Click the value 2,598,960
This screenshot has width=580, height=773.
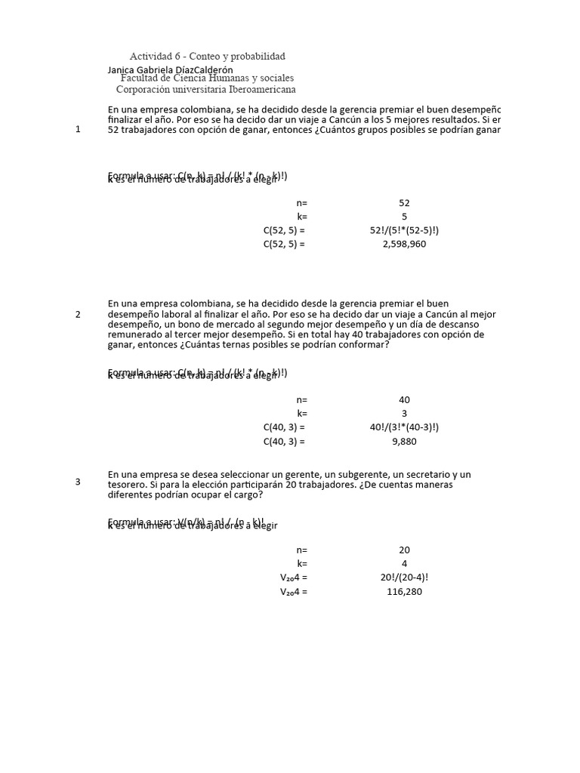[x=404, y=244]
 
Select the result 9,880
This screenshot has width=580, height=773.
[x=404, y=442]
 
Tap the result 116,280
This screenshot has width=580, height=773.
[x=404, y=592]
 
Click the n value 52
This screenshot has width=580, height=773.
[x=404, y=203]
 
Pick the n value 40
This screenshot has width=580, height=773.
[x=404, y=400]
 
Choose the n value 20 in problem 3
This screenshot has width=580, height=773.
[x=404, y=550]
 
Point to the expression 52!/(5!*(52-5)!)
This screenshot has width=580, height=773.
[x=404, y=230]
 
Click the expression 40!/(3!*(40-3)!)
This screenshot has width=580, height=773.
[x=404, y=427]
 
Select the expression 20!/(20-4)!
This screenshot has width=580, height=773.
[x=404, y=577]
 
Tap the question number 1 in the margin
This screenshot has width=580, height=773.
[x=78, y=129]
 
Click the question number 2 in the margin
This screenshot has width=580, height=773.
[x=78, y=314]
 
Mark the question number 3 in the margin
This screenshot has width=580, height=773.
[x=78, y=482]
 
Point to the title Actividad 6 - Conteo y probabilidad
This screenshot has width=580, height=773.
[x=208, y=57]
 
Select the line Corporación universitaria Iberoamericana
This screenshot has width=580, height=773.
[x=205, y=89]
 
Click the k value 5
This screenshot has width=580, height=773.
[x=404, y=217]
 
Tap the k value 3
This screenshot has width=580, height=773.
[x=404, y=414]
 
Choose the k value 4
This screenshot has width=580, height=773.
[x=404, y=564]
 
